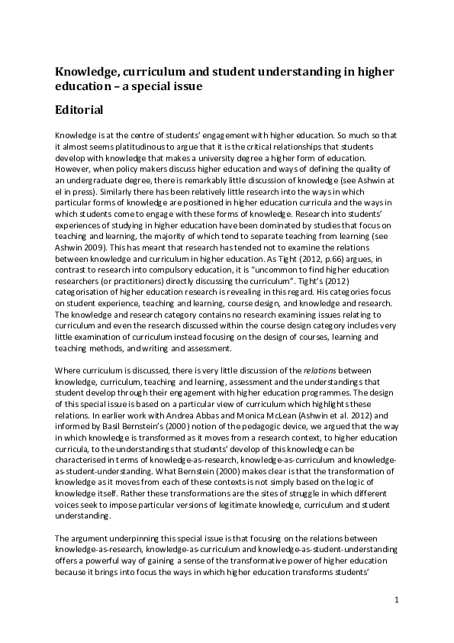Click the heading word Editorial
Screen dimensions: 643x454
[x=79, y=109]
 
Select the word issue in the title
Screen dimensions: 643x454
[x=182, y=86]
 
